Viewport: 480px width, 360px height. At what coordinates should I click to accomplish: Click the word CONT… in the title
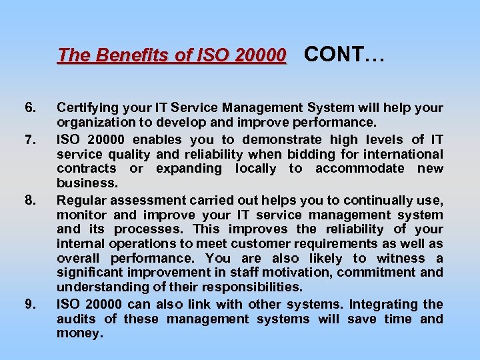click(344, 54)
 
